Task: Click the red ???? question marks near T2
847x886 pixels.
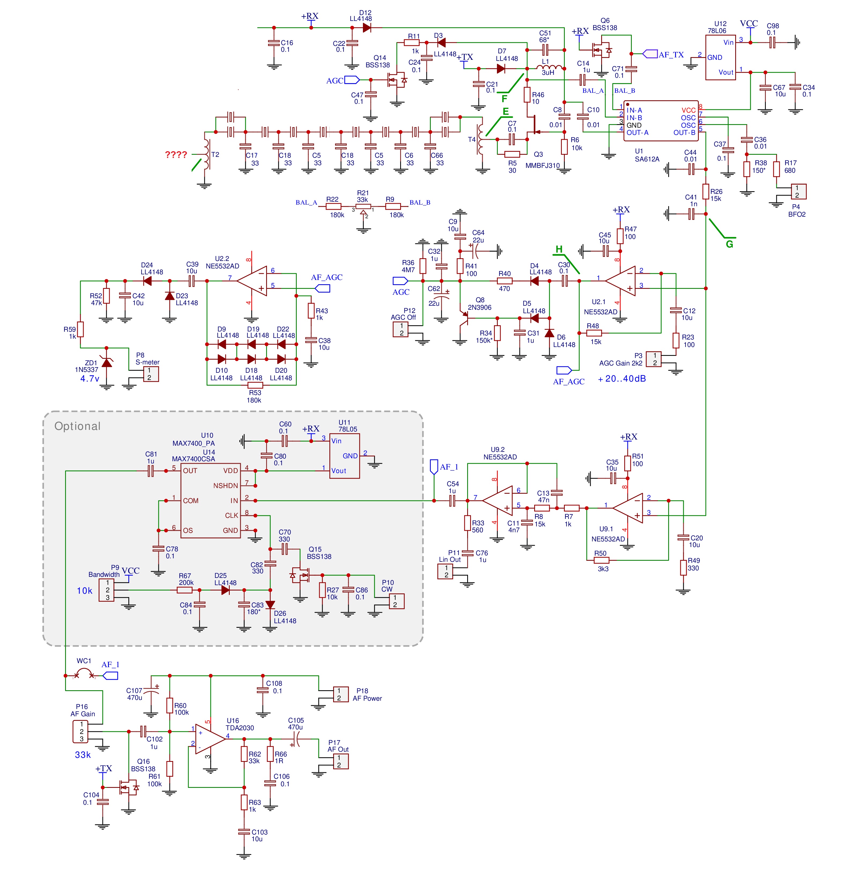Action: point(176,155)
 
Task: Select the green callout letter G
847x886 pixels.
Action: point(729,244)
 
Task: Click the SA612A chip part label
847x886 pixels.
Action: point(647,159)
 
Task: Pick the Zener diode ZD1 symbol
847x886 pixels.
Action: point(107,362)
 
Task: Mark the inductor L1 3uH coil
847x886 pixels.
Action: point(549,68)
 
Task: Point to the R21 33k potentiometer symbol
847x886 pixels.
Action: point(363,207)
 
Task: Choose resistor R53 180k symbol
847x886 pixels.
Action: point(255,385)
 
